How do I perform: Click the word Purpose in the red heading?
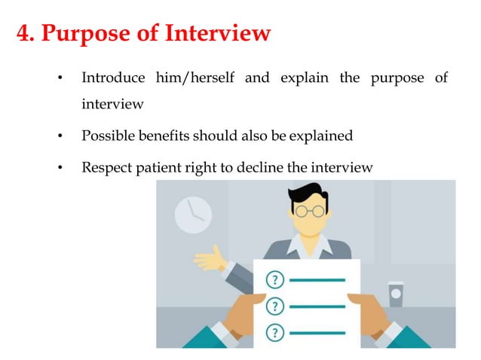click(x=90, y=34)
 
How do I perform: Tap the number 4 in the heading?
click(x=24, y=34)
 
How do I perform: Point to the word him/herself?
click(x=195, y=78)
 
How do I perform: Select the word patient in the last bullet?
click(x=158, y=167)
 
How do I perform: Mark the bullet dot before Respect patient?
click(x=60, y=168)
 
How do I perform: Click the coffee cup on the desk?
click(x=395, y=294)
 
